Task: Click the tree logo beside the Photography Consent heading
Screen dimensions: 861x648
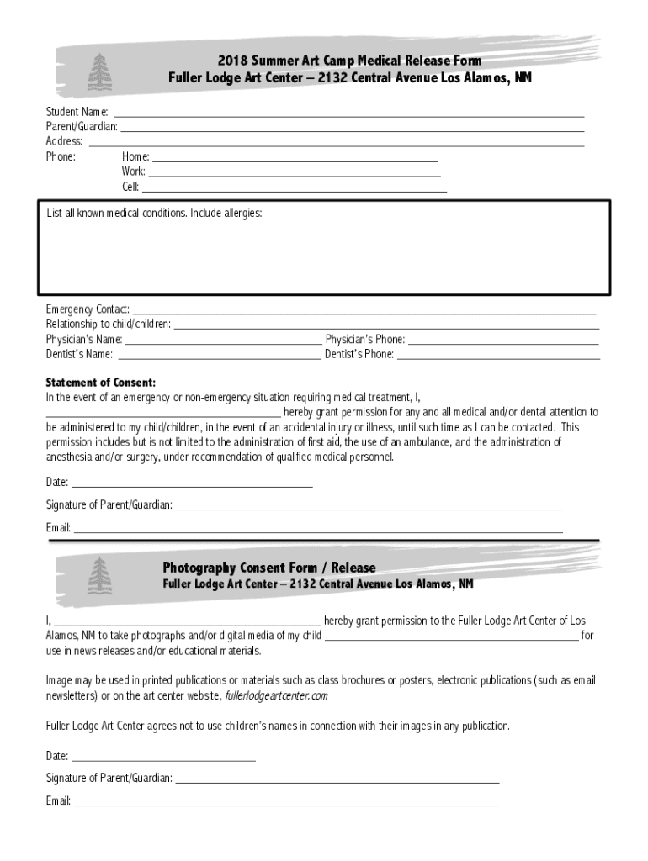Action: (x=99, y=575)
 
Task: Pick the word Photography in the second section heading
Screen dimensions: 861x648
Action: (x=199, y=568)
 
